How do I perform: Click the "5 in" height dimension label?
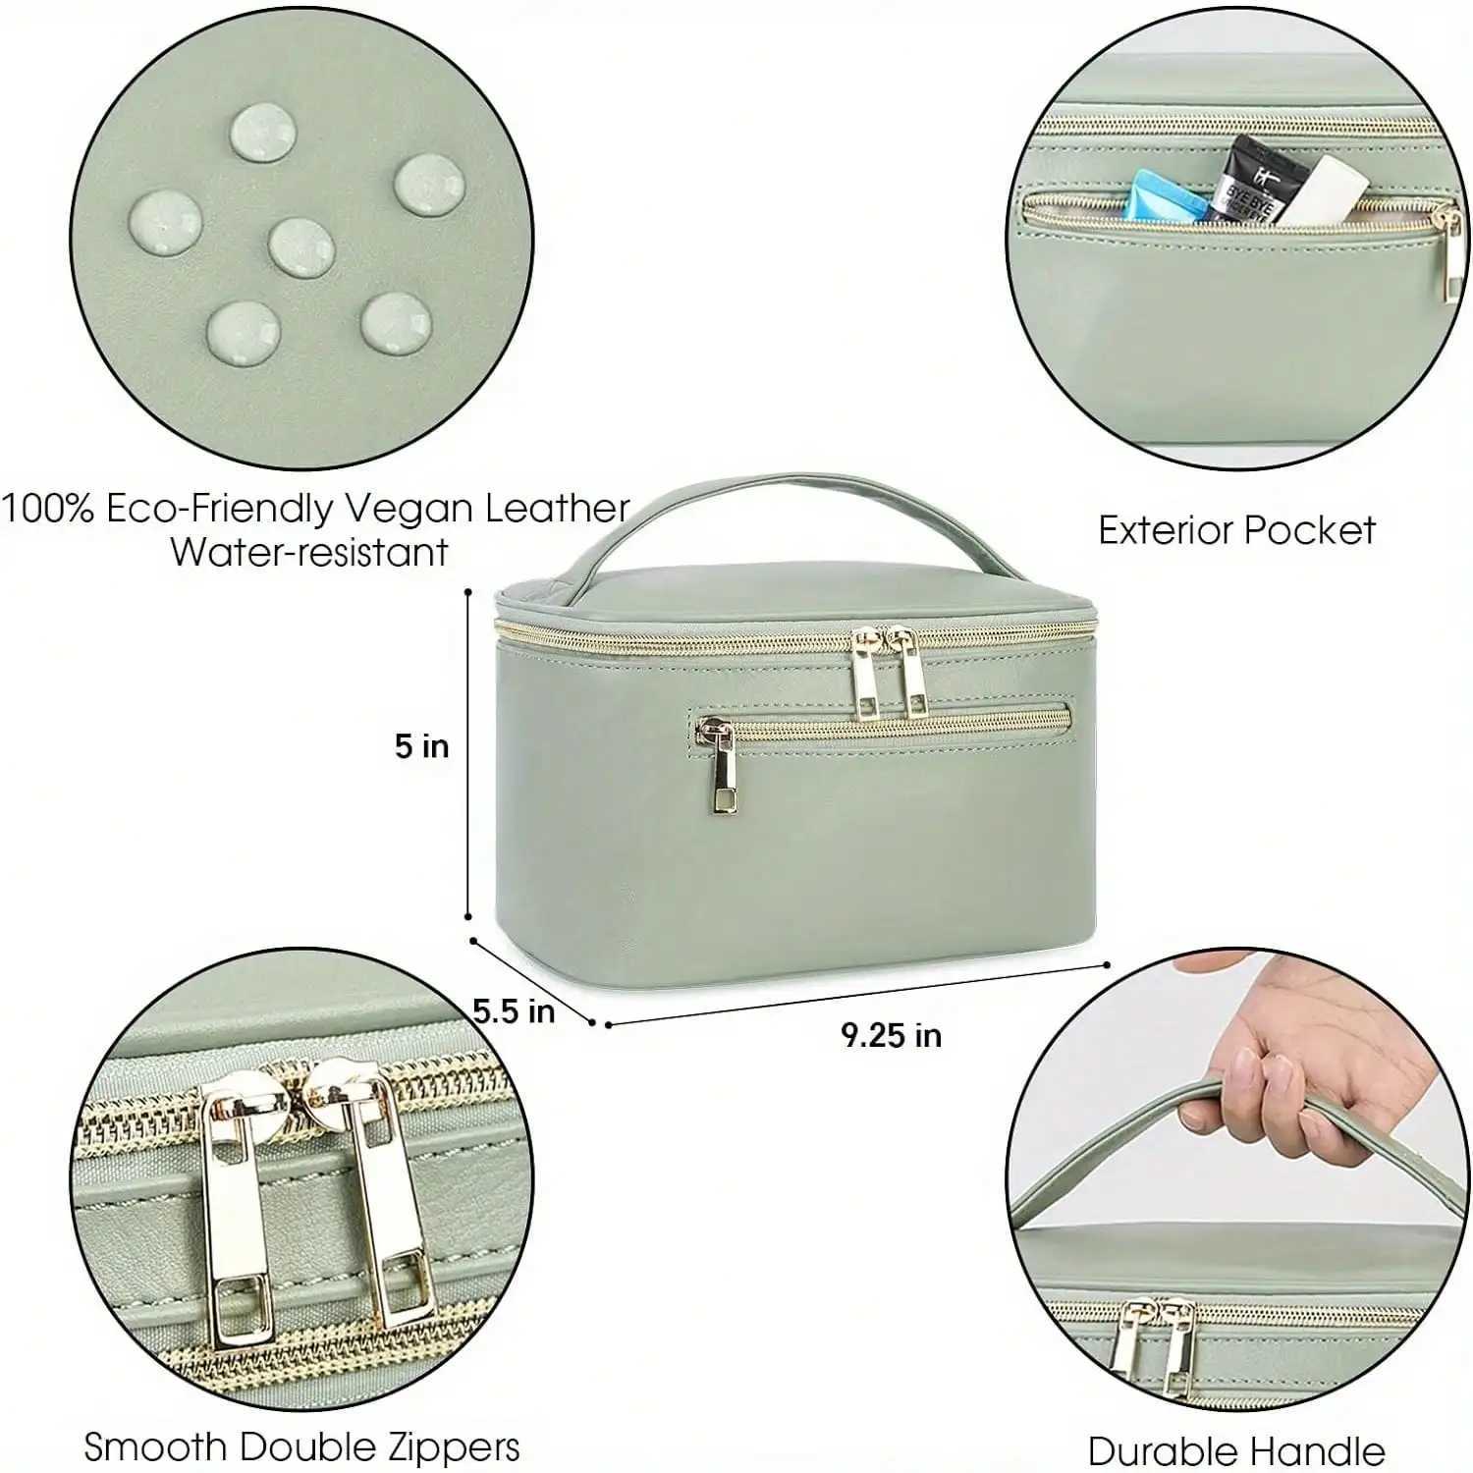pyautogui.click(x=421, y=746)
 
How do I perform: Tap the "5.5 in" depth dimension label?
pyautogui.click(x=514, y=1010)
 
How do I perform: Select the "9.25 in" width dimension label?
pyautogui.click(x=891, y=1035)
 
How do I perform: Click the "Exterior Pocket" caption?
pyautogui.click(x=1236, y=530)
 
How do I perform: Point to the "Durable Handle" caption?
pyautogui.click(x=1235, y=1449)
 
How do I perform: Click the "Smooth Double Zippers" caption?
pyautogui.click(x=301, y=1446)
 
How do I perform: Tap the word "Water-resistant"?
pyautogui.click(x=309, y=552)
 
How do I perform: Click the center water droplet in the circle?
pyautogui.click(x=301, y=245)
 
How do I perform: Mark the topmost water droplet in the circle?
pyautogui.click(x=263, y=131)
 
